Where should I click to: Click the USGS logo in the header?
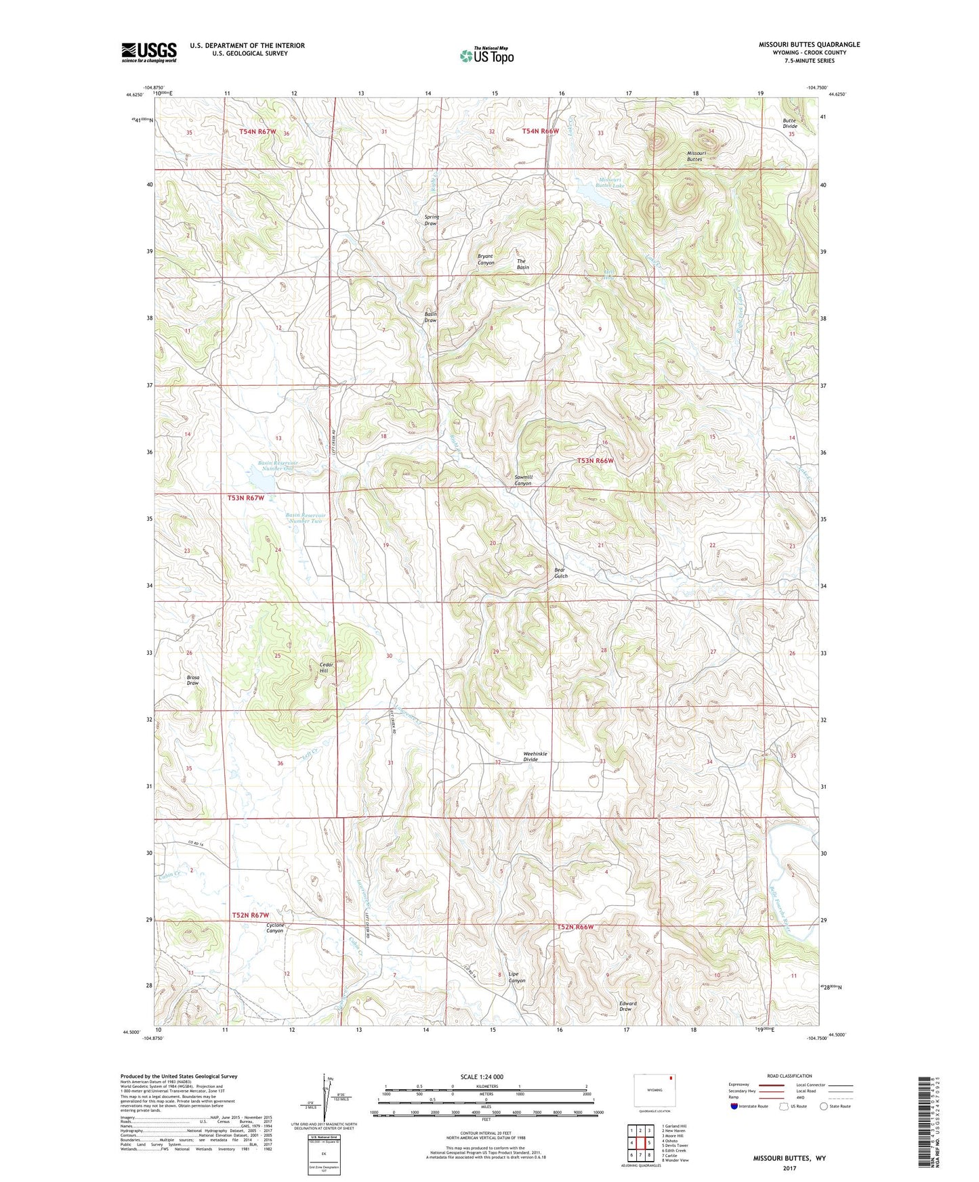pyautogui.click(x=149, y=52)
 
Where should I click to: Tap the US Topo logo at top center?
pyautogui.click(x=486, y=56)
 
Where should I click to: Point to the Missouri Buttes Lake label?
pyautogui.click(x=609, y=182)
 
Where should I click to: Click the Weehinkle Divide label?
pyautogui.click(x=535, y=756)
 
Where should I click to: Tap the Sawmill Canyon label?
pyautogui.click(x=523, y=480)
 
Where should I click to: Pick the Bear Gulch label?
pyautogui.click(x=560, y=573)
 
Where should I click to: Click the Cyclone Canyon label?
pyautogui.click(x=275, y=927)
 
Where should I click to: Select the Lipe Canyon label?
pyautogui.click(x=517, y=978)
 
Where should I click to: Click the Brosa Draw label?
pyautogui.click(x=193, y=680)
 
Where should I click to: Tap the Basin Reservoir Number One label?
pyautogui.click(x=277, y=466)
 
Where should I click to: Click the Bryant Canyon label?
pyautogui.click(x=486, y=259)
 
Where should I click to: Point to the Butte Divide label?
pyautogui.click(x=790, y=123)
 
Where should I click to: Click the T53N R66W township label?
pyautogui.click(x=595, y=460)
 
